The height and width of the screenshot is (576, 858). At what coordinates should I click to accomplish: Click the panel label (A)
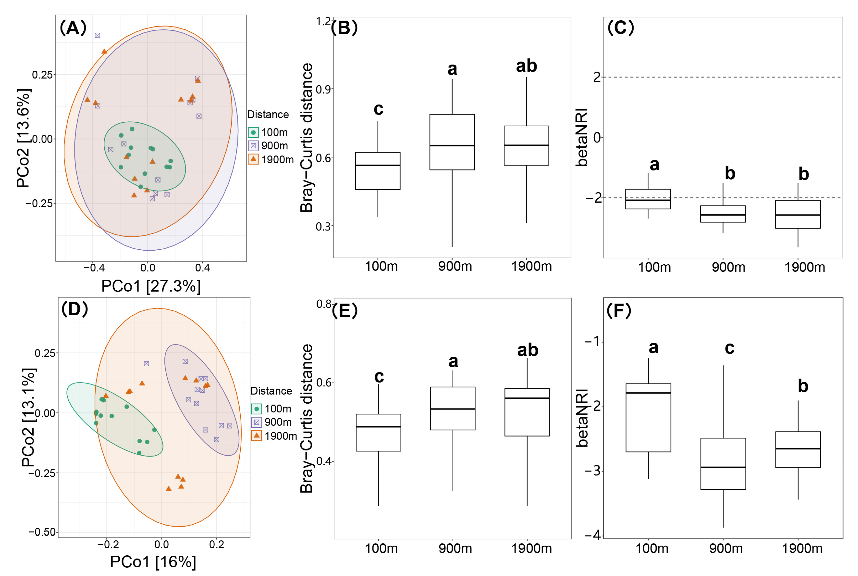click(x=73, y=28)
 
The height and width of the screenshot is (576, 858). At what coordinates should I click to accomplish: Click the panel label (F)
click(x=619, y=310)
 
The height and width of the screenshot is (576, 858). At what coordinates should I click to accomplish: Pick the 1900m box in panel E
click(x=527, y=412)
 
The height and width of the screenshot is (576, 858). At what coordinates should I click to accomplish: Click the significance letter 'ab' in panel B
click(x=526, y=66)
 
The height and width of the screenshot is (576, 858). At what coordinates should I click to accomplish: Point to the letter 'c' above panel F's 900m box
click(x=729, y=348)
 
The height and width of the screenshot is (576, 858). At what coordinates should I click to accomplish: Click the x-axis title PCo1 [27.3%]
click(x=151, y=286)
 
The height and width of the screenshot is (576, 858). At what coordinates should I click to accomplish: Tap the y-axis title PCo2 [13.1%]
click(x=29, y=417)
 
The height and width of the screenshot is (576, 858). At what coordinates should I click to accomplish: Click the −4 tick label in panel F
click(x=592, y=535)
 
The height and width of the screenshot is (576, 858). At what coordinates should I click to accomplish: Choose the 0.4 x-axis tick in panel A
click(x=202, y=268)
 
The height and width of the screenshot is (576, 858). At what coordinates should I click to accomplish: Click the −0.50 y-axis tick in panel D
click(x=43, y=532)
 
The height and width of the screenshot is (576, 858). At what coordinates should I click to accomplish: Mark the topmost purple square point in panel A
click(x=97, y=35)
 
